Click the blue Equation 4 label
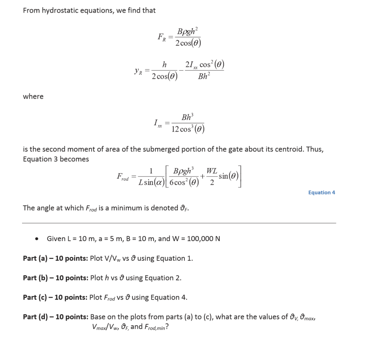click(x=321, y=192)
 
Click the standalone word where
click(x=33, y=97)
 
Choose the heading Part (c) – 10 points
click(x=55, y=297)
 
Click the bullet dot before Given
click(x=37, y=239)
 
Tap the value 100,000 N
click(x=203, y=238)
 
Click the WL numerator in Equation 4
click(x=212, y=171)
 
